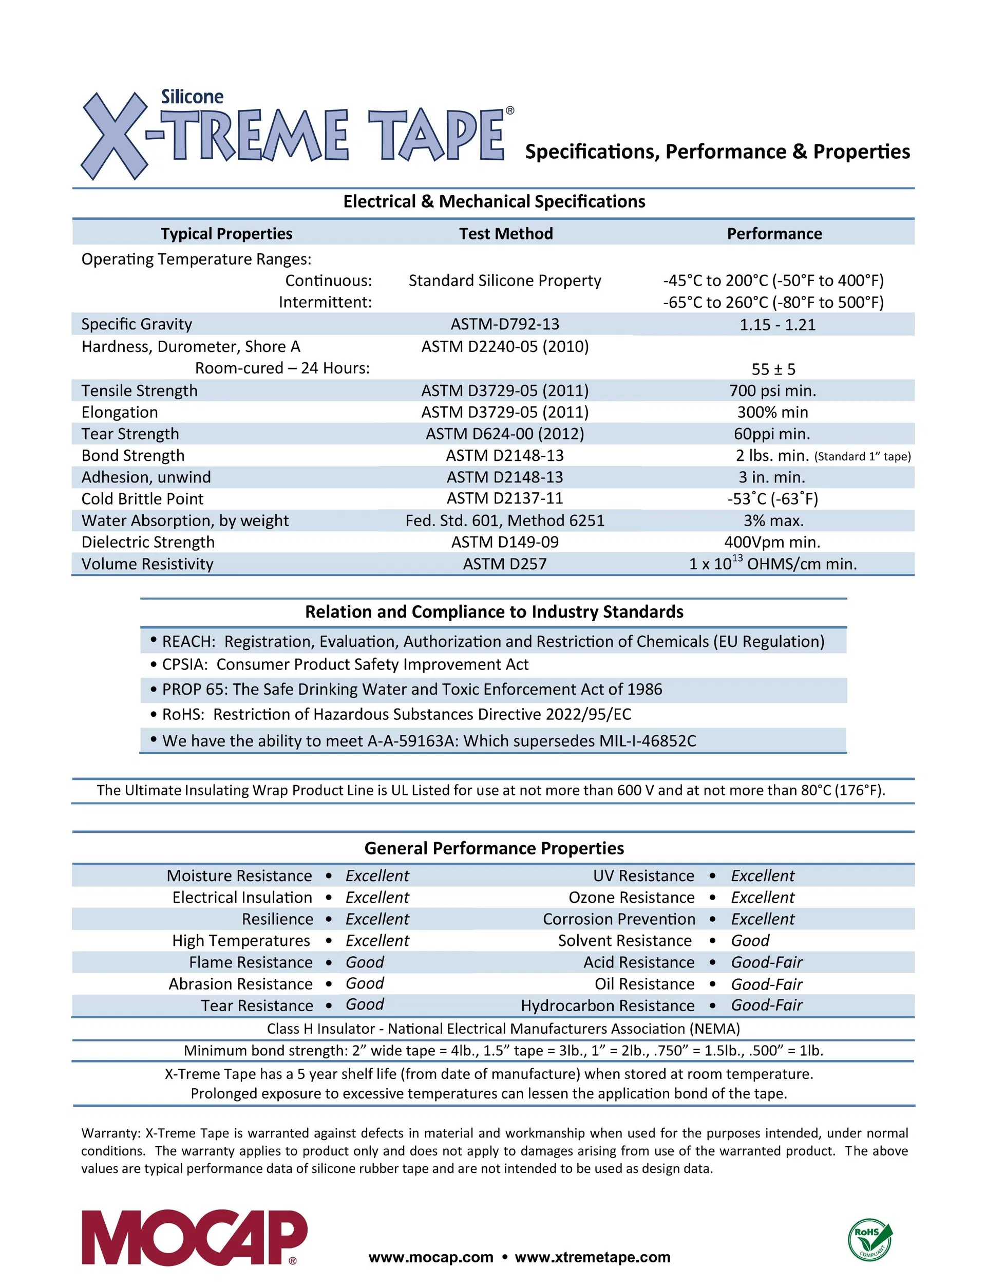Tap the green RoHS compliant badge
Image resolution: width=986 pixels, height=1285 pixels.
coord(870,1239)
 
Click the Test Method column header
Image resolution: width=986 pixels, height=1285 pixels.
coord(506,234)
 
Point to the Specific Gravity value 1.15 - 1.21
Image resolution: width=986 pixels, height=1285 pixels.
coord(777,325)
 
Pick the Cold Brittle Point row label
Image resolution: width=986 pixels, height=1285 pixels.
coord(142,499)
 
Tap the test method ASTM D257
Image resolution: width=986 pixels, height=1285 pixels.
coord(505,564)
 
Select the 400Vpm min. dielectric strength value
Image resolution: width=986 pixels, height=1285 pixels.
coord(772,543)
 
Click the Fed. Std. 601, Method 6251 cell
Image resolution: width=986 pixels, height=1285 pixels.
coord(505,520)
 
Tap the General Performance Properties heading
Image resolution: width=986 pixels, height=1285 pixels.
coord(494,848)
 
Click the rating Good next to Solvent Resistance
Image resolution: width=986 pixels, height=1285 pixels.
coord(750,940)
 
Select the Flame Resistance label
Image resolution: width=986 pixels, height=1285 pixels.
coord(251,962)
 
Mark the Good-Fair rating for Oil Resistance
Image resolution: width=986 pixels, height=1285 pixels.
coord(767,984)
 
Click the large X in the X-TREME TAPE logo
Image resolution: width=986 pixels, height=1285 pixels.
coord(115,136)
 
